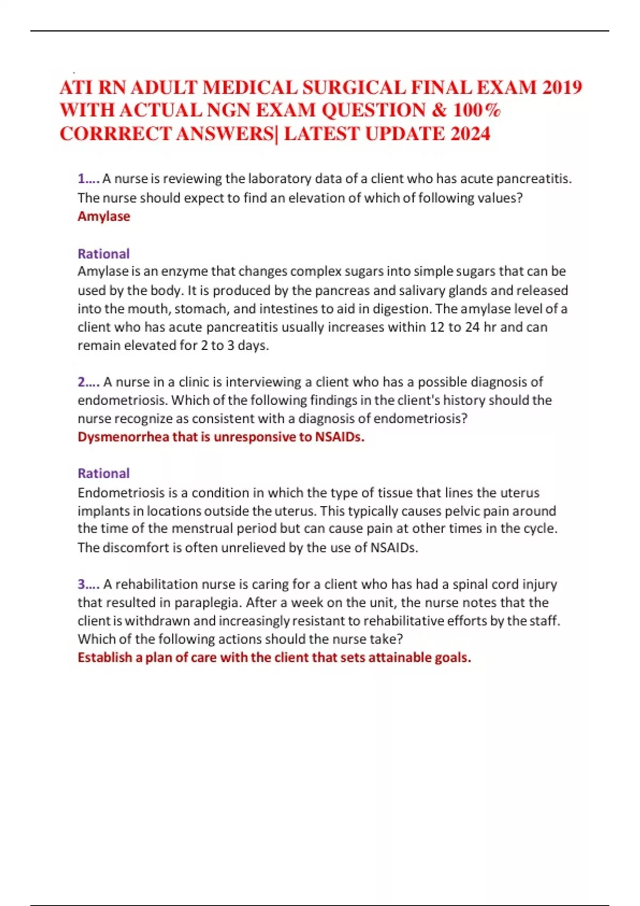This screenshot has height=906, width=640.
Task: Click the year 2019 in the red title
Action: point(562,87)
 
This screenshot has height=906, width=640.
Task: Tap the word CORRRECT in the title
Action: point(116,133)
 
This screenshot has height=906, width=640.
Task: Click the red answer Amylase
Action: point(104,216)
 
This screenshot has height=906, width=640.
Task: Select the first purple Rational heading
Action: point(103,254)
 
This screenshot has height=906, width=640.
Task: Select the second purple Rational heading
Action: point(103,473)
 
